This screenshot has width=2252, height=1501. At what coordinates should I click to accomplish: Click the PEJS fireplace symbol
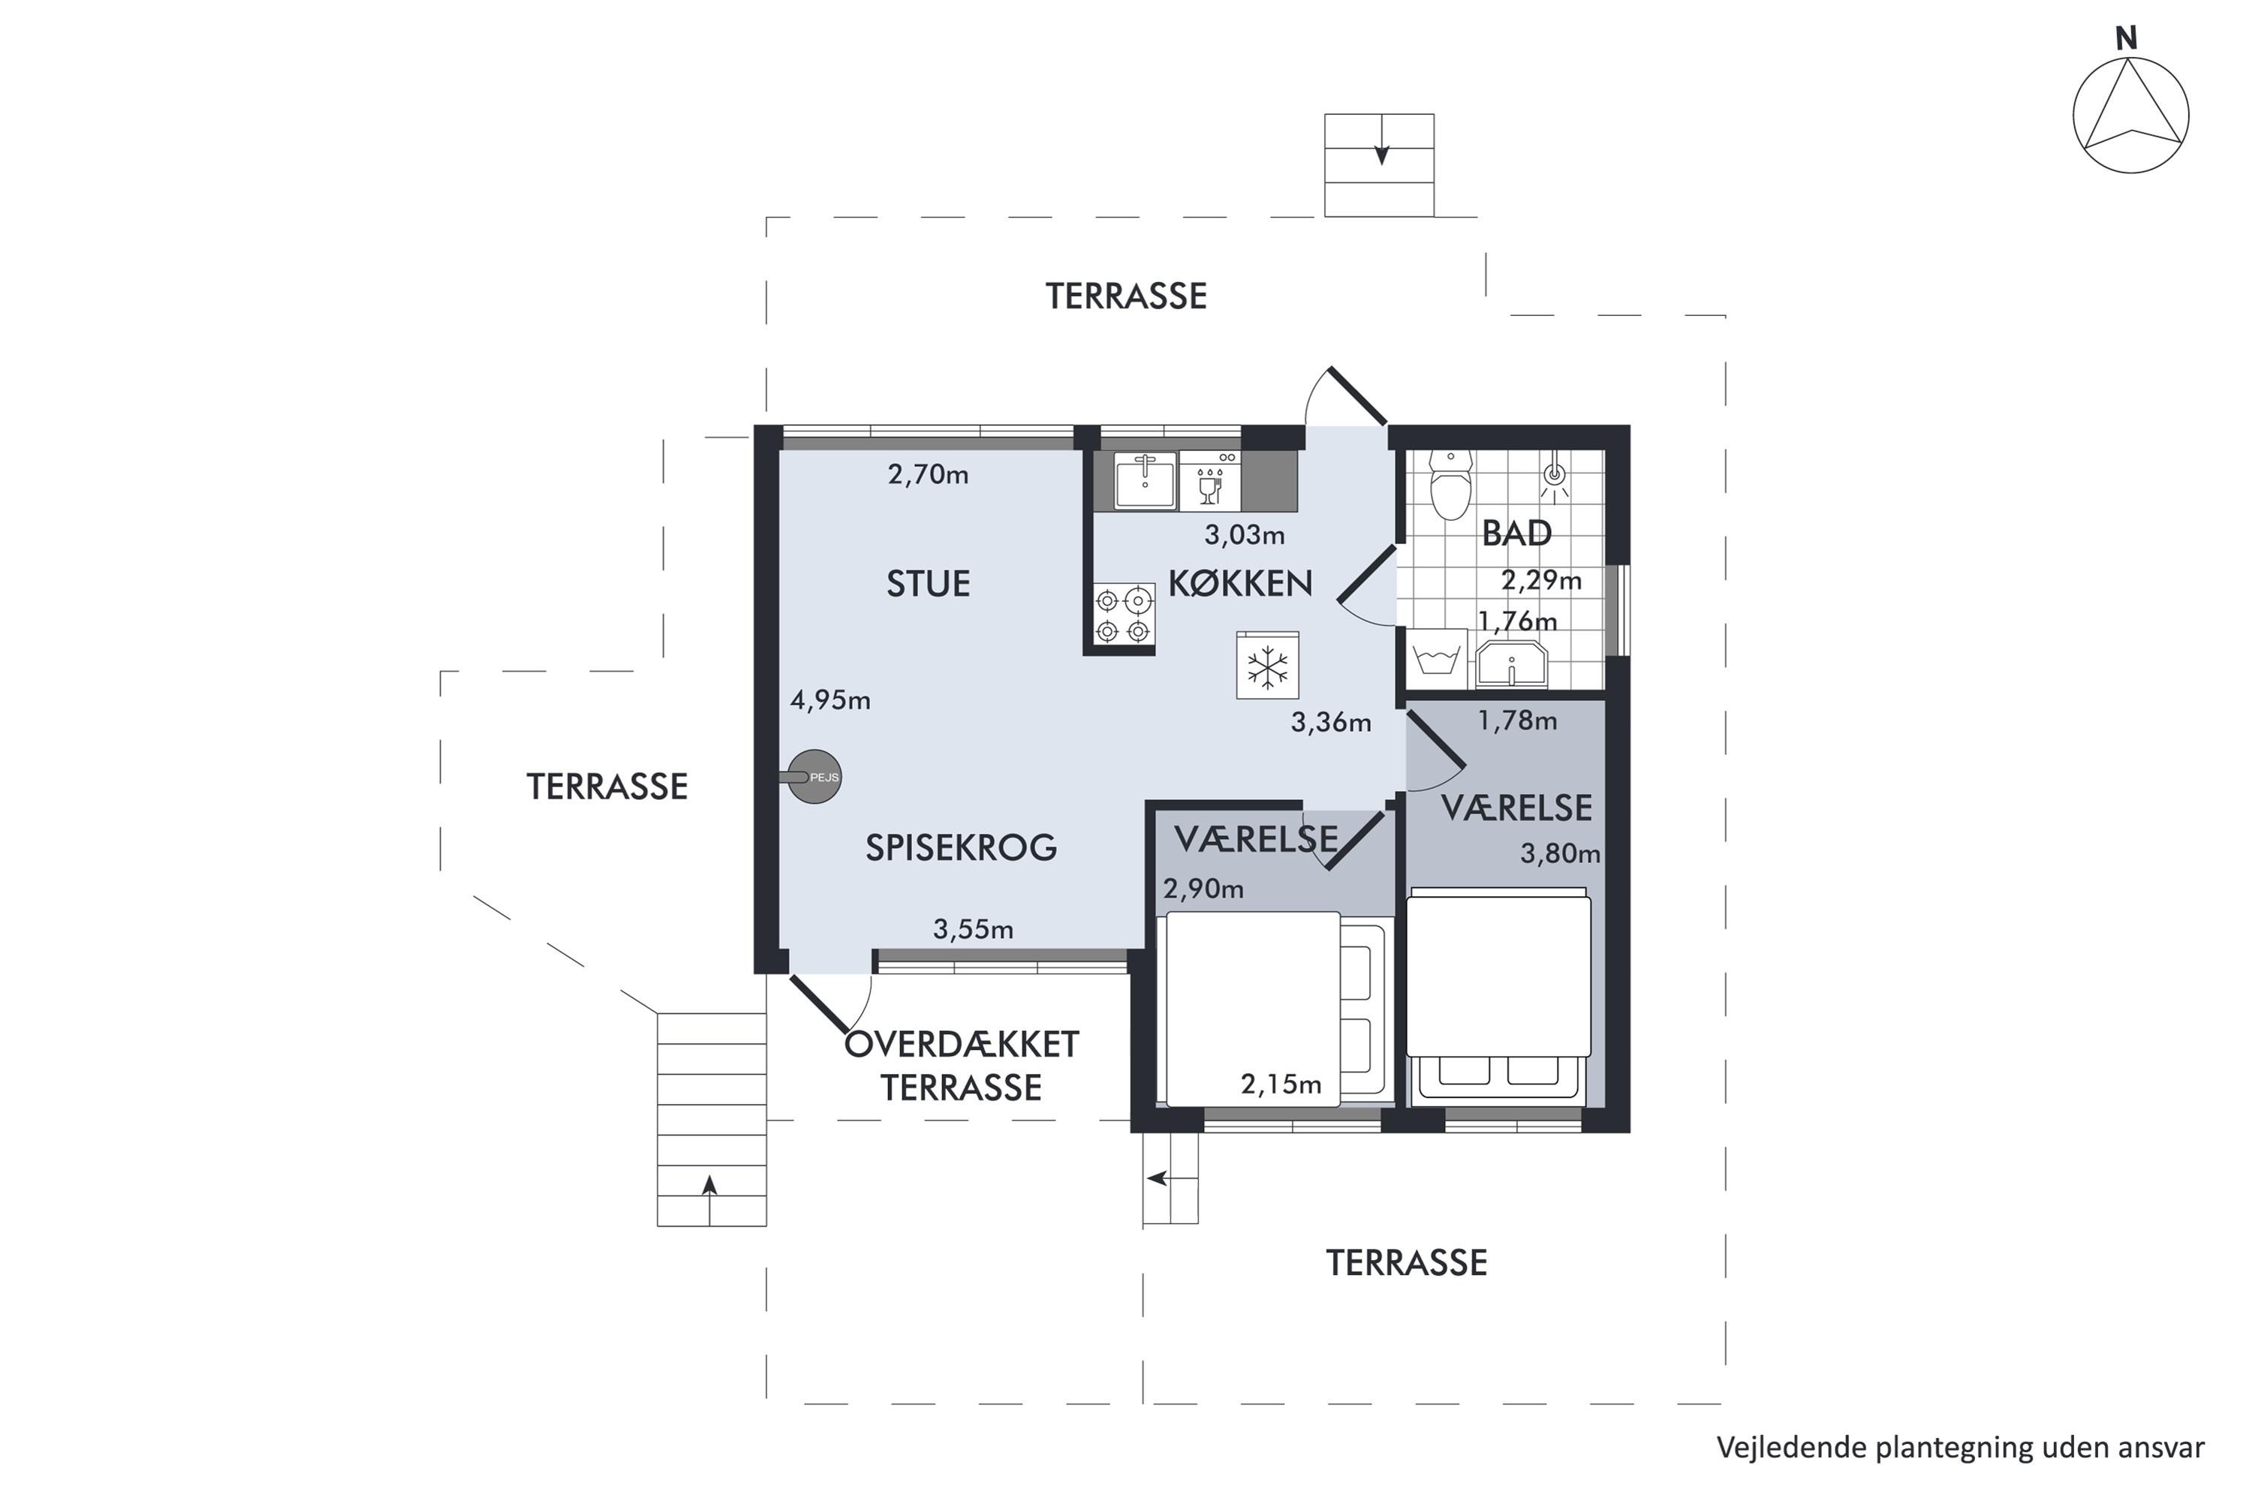pyautogui.click(x=814, y=776)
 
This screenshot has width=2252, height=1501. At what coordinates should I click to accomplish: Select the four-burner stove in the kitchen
pyautogui.click(x=1123, y=615)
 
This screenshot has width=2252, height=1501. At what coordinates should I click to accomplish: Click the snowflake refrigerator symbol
pyautogui.click(x=1268, y=665)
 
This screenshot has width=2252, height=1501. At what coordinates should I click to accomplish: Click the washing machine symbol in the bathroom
pyautogui.click(x=1440, y=659)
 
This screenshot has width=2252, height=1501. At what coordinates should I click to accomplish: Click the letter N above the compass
pyautogui.click(x=2126, y=38)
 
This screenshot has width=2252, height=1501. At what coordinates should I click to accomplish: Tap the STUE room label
pyautogui.click(x=928, y=583)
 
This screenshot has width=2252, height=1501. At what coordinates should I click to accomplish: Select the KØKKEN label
pyautogui.click(x=1240, y=583)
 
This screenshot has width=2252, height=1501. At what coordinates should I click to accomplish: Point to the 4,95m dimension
pyautogui.click(x=830, y=701)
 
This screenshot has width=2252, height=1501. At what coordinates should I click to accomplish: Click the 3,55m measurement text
pyautogui.click(x=973, y=928)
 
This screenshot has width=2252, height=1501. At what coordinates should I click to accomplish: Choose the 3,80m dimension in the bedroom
pyautogui.click(x=1560, y=853)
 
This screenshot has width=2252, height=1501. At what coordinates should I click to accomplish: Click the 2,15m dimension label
pyautogui.click(x=1281, y=1084)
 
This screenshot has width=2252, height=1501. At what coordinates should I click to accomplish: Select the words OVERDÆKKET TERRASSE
pyautogui.click(x=962, y=1066)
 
